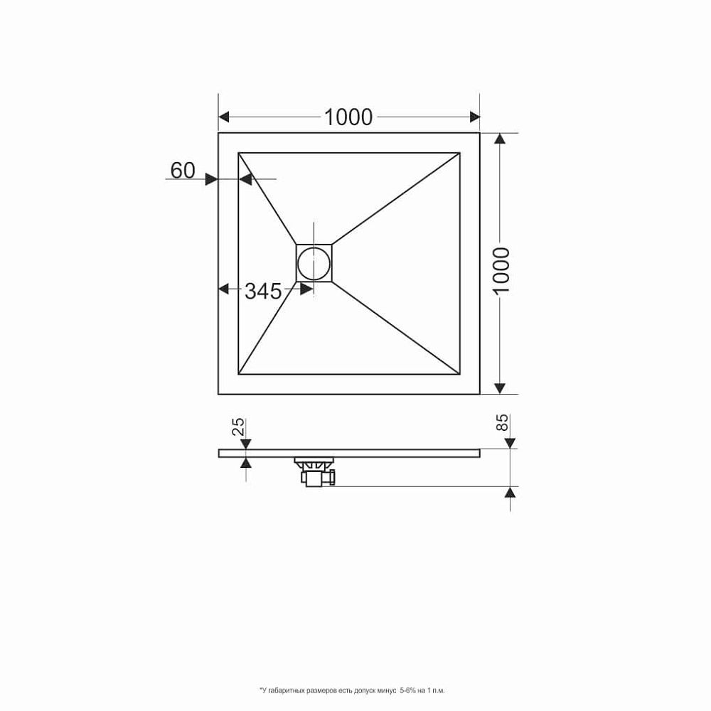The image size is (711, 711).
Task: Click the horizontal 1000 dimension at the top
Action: [x=348, y=117]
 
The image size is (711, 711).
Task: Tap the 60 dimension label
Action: [x=183, y=170]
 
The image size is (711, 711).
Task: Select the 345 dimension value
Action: [x=263, y=290]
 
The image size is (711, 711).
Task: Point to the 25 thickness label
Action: [x=239, y=427]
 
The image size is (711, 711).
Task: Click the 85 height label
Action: [x=501, y=422]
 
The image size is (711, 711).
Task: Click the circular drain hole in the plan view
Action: [x=314, y=262]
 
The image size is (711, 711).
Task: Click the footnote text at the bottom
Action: [x=352, y=690]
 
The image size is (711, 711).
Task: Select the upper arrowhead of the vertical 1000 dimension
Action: [x=501, y=139]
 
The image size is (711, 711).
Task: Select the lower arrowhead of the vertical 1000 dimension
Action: [x=501, y=387]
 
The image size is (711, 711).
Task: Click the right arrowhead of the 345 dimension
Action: [x=307, y=289]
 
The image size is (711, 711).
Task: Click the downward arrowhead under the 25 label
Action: [x=246, y=444]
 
